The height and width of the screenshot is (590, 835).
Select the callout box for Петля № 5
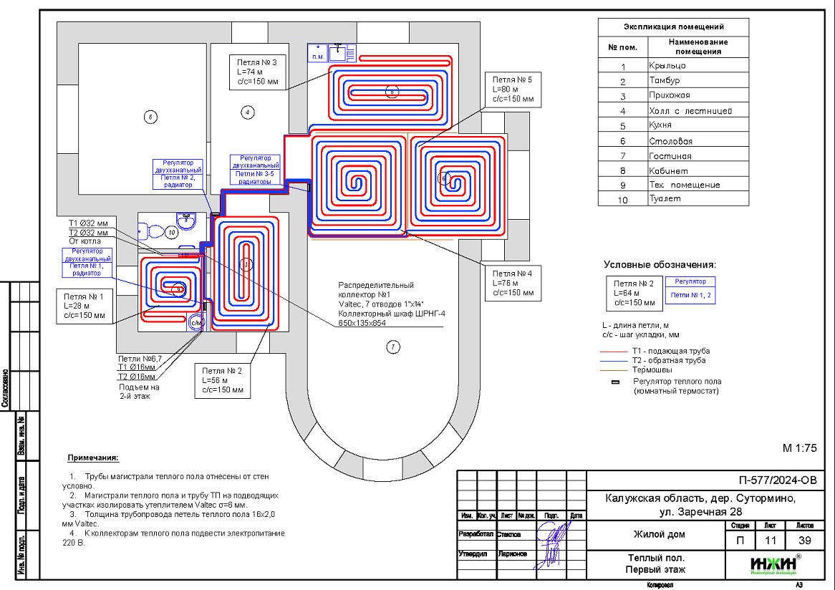pyautogui.click(x=510, y=89)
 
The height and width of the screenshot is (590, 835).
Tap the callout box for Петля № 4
pyautogui.click(x=511, y=284)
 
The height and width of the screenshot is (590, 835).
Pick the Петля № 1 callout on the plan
pyautogui.click(x=85, y=306)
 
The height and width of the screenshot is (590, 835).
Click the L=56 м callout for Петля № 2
pyautogui.click(x=223, y=380)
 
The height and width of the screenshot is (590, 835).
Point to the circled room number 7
pyautogui.click(x=392, y=348)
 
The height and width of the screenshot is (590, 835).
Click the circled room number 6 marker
pyautogui.click(x=149, y=117)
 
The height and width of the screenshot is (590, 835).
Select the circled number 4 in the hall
pyautogui.click(x=247, y=112)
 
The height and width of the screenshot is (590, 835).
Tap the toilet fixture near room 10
pyautogui.click(x=152, y=230)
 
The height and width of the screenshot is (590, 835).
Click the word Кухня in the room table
pyautogui.click(x=660, y=125)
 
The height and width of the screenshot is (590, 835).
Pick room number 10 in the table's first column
pyautogui.click(x=622, y=200)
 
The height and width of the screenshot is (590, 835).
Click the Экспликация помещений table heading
pyautogui.click(x=673, y=27)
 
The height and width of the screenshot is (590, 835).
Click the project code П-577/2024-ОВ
pyautogui.click(x=776, y=480)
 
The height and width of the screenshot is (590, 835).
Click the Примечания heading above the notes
pyautogui.click(x=93, y=458)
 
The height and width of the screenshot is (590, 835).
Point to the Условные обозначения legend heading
pyautogui.click(x=659, y=264)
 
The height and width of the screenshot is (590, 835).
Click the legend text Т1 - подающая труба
pyautogui.click(x=670, y=351)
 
